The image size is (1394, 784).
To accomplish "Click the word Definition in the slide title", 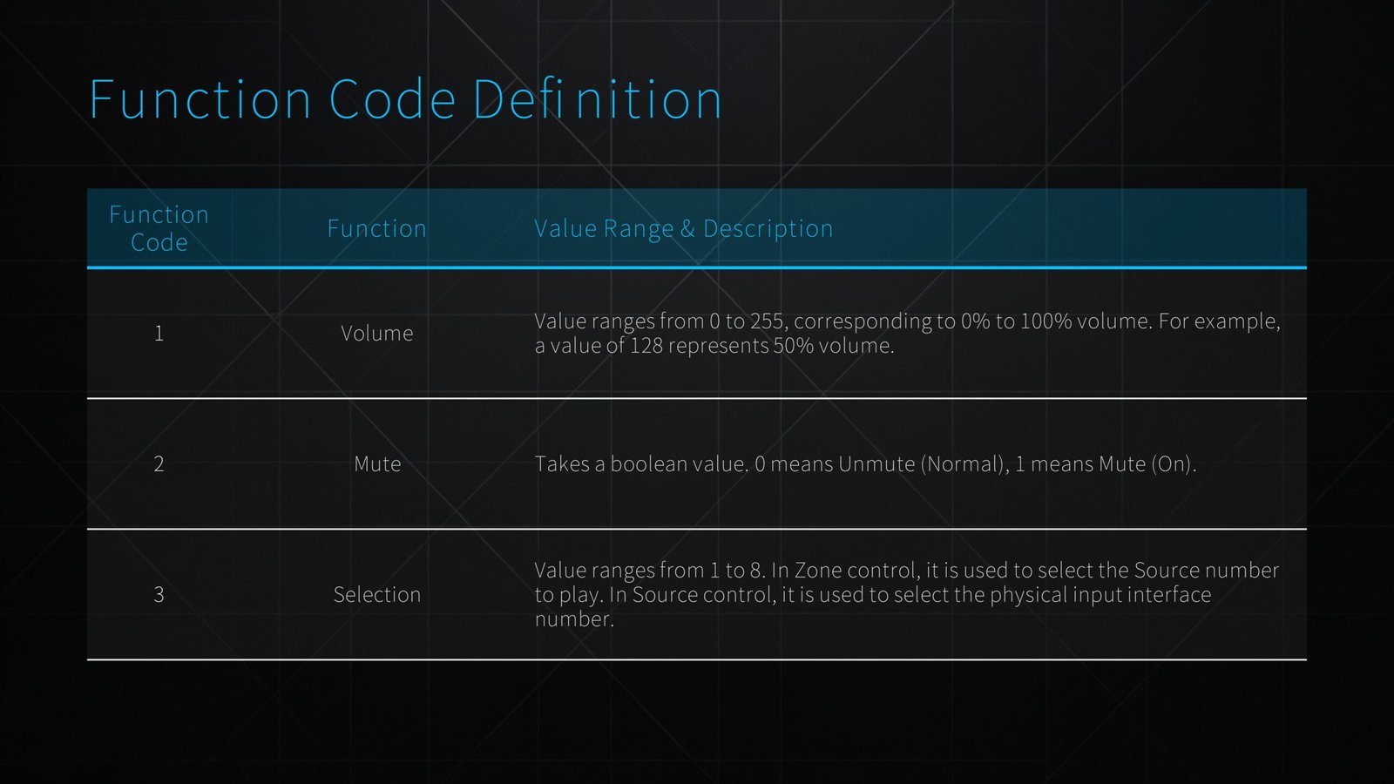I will [x=597, y=99].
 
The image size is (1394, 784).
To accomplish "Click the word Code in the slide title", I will [x=392, y=99].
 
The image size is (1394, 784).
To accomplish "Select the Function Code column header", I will [x=159, y=228].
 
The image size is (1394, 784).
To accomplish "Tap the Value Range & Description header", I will [x=683, y=228].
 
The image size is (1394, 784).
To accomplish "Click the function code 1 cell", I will [x=159, y=333].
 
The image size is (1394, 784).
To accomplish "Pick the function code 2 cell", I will [x=159, y=463].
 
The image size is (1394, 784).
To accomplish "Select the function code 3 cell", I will [x=159, y=594].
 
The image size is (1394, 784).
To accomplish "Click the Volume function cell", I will [x=376, y=333].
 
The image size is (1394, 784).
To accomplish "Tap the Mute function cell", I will [x=376, y=463].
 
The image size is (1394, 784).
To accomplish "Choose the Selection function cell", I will [x=376, y=594].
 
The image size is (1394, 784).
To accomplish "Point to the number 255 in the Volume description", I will [x=768, y=321].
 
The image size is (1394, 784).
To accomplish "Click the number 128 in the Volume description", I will [x=646, y=346].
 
